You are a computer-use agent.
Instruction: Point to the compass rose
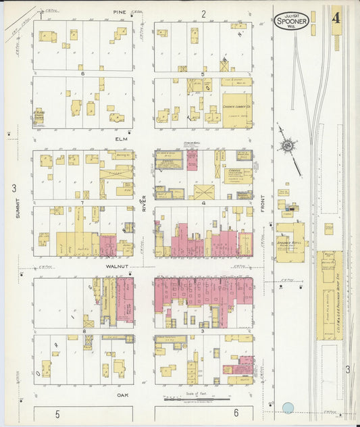click(288, 145)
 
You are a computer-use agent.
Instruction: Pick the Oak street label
click(122, 395)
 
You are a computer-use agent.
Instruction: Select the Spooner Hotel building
click(289, 241)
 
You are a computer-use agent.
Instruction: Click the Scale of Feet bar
click(192, 399)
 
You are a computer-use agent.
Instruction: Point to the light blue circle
click(288, 408)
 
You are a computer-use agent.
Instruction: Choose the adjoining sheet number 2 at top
click(203, 14)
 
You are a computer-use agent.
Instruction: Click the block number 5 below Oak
click(57, 413)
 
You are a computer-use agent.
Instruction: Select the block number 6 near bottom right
click(236, 413)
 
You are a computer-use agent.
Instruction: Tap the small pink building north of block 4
click(192, 160)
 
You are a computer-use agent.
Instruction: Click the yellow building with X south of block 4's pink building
click(204, 192)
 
